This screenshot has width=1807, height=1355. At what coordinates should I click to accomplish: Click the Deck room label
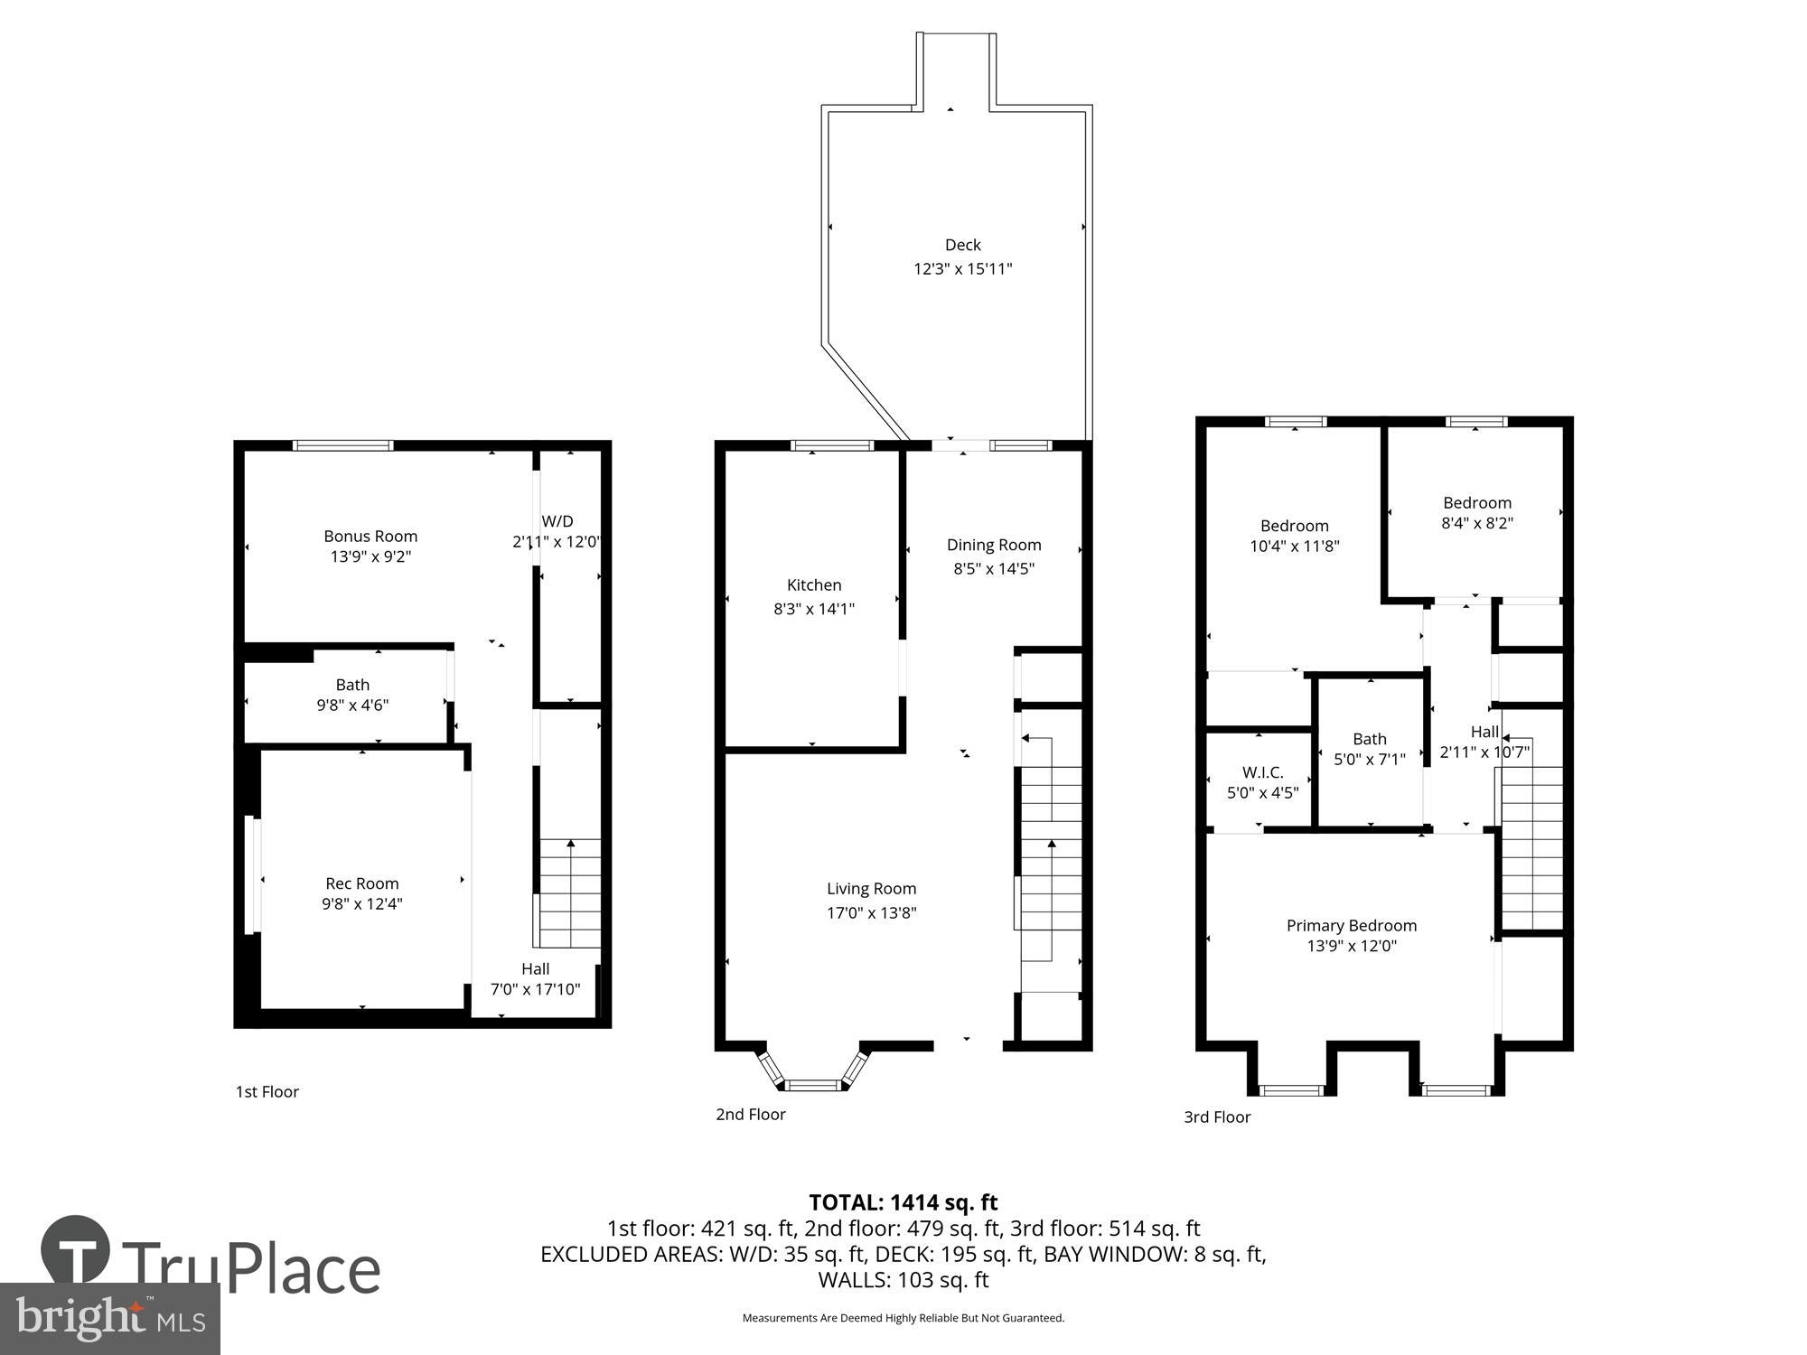(962, 245)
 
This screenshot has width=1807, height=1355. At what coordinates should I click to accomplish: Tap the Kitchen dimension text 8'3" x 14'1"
(813, 609)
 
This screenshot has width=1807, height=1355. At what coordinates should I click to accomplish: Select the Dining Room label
(994, 545)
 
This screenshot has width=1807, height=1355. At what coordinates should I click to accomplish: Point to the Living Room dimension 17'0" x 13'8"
(871, 912)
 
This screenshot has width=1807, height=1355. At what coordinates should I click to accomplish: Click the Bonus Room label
(370, 536)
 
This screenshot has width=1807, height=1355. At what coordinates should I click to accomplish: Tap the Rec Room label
(361, 883)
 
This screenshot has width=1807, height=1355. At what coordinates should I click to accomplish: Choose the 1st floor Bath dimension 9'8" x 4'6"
(352, 705)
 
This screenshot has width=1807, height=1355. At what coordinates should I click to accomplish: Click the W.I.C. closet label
(1262, 772)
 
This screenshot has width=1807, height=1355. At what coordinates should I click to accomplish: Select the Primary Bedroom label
(1351, 925)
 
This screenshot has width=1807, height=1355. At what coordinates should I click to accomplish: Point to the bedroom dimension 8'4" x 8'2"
(1476, 523)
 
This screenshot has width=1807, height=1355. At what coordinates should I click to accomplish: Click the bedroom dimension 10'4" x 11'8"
(1294, 546)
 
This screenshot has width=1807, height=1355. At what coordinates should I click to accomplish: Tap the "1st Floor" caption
(267, 1091)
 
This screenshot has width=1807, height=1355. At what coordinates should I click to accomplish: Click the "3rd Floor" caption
(1217, 1117)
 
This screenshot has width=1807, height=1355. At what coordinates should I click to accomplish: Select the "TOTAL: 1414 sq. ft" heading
(903, 1202)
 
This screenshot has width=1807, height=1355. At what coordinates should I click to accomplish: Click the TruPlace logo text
(250, 1268)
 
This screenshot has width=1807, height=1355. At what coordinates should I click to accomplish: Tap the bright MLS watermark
(108, 1319)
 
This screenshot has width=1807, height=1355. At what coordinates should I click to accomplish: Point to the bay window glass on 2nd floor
(812, 1085)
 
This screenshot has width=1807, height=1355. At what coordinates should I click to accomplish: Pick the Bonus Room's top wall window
(343, 445)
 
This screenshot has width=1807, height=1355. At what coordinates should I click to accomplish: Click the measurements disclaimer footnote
(903, 1318)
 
